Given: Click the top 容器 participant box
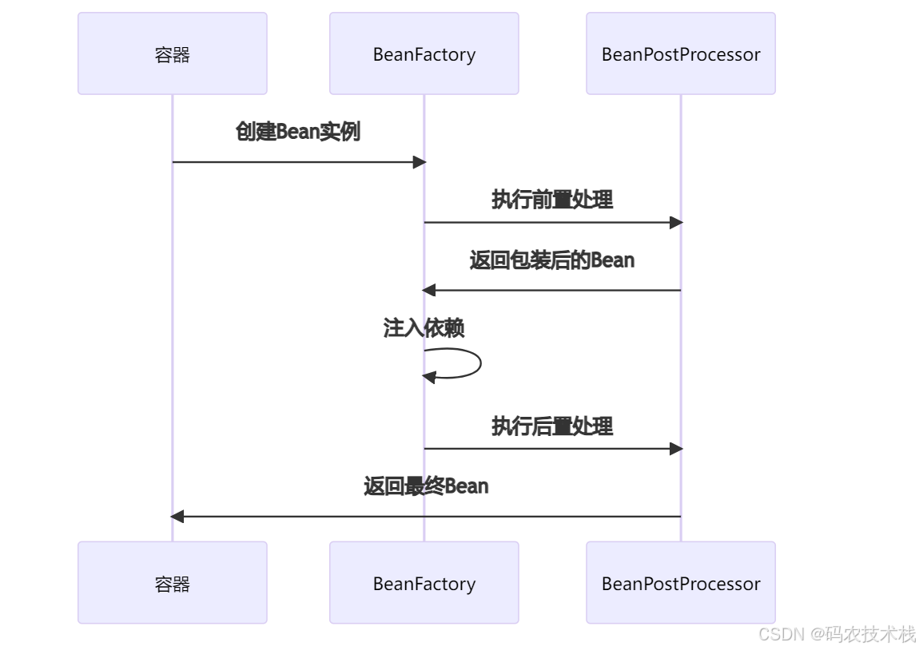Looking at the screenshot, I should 172,54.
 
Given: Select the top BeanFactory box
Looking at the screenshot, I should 424,54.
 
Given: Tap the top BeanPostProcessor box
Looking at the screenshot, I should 680,54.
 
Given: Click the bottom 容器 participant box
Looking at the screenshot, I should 172,583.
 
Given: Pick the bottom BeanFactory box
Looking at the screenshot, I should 424,583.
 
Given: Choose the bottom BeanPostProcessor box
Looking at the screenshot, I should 680,583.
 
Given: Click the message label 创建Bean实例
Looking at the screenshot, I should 297,132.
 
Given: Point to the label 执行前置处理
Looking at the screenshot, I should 551,200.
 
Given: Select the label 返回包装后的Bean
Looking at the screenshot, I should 551,260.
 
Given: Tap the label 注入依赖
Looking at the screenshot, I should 424,328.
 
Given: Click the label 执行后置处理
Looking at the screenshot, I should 551,426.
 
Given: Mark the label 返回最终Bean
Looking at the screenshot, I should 425,486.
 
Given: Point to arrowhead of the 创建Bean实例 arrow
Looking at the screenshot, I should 419,162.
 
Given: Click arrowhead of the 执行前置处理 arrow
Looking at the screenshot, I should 675,223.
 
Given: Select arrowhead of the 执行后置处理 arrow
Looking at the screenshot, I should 675,449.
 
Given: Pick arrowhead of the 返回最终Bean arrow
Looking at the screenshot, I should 177,517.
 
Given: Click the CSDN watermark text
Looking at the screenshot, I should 782,634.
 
